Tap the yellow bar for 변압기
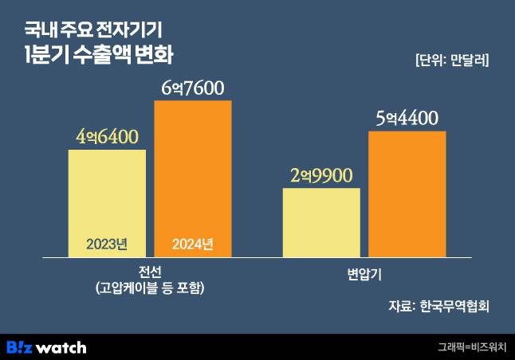tap(321, 223)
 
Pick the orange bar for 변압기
tap(407, 194)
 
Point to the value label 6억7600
tap(192, 88)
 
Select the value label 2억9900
tap(320, 176)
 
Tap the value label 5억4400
tap(407, 119)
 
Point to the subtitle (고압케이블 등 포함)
tap(149, 288)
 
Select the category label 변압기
tap(364, 275)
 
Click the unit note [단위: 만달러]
tap(452, 60)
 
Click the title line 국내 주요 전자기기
tap(92, 31)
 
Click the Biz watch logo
tap(46, 347)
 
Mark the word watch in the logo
tap(61, 347)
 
